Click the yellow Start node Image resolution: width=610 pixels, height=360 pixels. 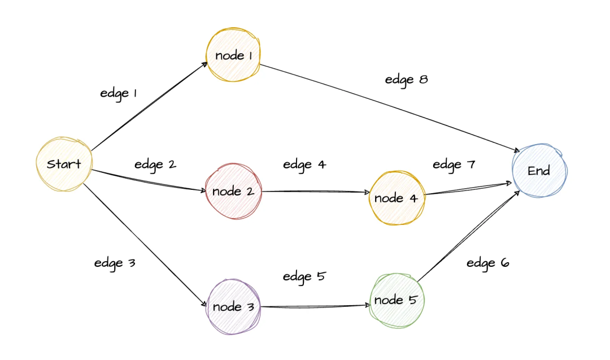pyautogui.click(x=64, y=164)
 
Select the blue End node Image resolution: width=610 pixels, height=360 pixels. pyautogui.click(x=539, y=170)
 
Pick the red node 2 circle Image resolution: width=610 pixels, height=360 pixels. pyautogui.click(x=233, y=191)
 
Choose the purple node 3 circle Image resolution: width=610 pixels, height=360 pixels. pyautogui.click(x=233, y=307)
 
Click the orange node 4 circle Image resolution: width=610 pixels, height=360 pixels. pyautogui.click(x=396, y=198)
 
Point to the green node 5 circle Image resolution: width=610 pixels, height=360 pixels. pyautogui.click(x=396, y=300)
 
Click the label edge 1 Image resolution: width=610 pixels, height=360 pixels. pyautogui.click(x=119, y=93)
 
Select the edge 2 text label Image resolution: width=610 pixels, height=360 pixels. pyautogui.click(x=155, y=164)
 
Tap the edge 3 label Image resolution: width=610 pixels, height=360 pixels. pyautogui.click(x=115, y=263)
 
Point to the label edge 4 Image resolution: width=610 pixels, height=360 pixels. pyautogui.click(x=304, y=164)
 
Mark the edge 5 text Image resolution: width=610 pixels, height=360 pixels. pyautogui.click(x=304, y=276)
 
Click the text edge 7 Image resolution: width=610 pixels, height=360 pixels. pyautogui.click(x=454, y=164)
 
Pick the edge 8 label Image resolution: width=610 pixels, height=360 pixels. pyautogui.click(x=406, y=80)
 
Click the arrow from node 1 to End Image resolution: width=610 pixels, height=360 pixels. pyautogui.click(x=390, y=107)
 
